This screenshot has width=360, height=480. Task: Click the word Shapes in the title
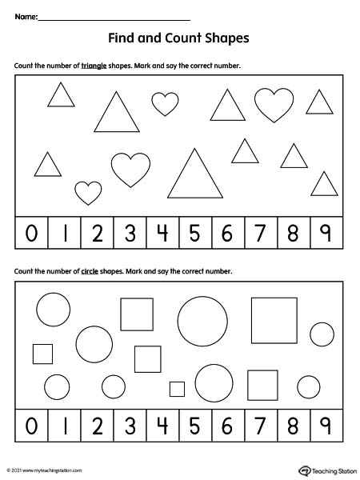pos(227,38)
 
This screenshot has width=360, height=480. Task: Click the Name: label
pos(25,17)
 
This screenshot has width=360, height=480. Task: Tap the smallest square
pos(177,389)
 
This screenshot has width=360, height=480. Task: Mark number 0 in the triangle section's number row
pos(31,233)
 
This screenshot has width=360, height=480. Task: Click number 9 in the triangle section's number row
pos(326,233)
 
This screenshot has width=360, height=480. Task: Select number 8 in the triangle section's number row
pos(293,233)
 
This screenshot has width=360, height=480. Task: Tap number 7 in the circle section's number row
pos(260,426)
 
